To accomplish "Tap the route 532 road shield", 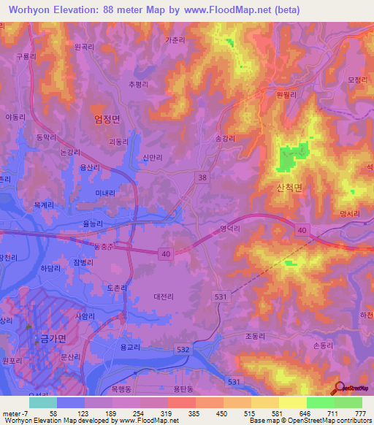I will click(x=184, y=351).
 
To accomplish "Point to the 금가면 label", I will click(x=51, y=338).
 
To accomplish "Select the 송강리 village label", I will click(x=227, y=137).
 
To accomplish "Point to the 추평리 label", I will click(x=139, y=84).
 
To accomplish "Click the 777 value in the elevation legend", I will click(x=359, y=413).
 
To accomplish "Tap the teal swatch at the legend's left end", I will click(x=43, y=402).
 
